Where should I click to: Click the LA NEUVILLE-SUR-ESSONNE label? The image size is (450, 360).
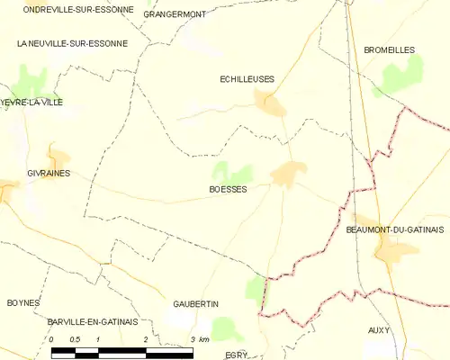(x=72, y=43)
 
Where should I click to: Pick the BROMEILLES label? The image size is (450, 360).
(x=388, y=50)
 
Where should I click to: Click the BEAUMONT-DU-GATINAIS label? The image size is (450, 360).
(x=396, y=231)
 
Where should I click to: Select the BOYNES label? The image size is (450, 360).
(x=24, y=302)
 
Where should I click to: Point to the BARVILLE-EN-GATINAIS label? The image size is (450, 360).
(x=93, y=320)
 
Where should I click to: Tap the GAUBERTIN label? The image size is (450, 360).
(x=197, y=304)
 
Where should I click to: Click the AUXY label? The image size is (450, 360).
(x=379, y=330)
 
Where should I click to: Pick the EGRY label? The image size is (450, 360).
(x=237, y=355)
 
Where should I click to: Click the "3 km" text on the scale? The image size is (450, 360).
(x=200, y=338)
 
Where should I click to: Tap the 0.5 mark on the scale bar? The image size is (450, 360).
(x=76, y=338)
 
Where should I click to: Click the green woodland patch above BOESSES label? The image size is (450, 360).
(x=231, y=171)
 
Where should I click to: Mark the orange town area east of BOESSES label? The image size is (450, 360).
(x=289, y=174)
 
